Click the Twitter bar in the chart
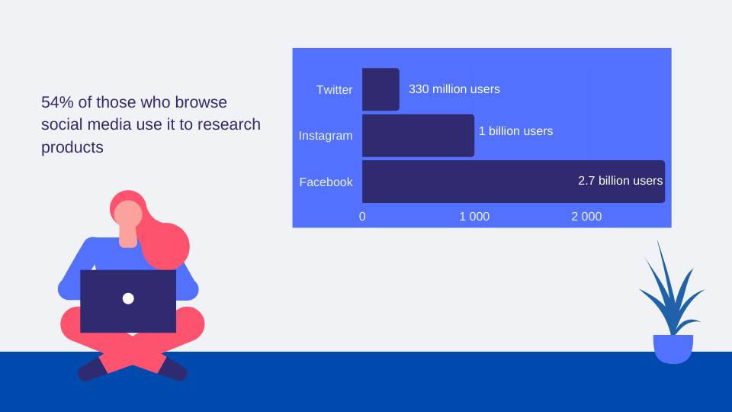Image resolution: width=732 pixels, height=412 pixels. tap(380, 89)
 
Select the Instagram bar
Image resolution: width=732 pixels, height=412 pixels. tap(419, 136)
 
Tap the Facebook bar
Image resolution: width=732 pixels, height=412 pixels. tap(513, 182)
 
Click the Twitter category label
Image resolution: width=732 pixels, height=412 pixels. tap(334, 90)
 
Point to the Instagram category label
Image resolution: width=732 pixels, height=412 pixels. tap(326, 136)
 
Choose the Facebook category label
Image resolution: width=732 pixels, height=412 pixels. tap(326, 182)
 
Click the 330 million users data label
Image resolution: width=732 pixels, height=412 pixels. tap(454, 89)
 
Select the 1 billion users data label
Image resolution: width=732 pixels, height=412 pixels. tap(516, 131)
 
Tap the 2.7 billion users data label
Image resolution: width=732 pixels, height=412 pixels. tap(621, 181)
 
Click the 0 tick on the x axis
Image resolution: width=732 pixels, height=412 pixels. tap(362, 217)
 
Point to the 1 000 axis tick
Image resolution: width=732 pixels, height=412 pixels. tap(474, 217)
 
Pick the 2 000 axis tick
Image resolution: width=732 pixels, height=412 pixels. tap(586, 217)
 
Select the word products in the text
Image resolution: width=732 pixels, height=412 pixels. tap(72, 147)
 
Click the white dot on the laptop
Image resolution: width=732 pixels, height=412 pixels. tap(128, 298)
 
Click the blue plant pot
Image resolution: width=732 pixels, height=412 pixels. tap(673, 349)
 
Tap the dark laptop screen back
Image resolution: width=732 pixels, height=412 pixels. tap(128, 301)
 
